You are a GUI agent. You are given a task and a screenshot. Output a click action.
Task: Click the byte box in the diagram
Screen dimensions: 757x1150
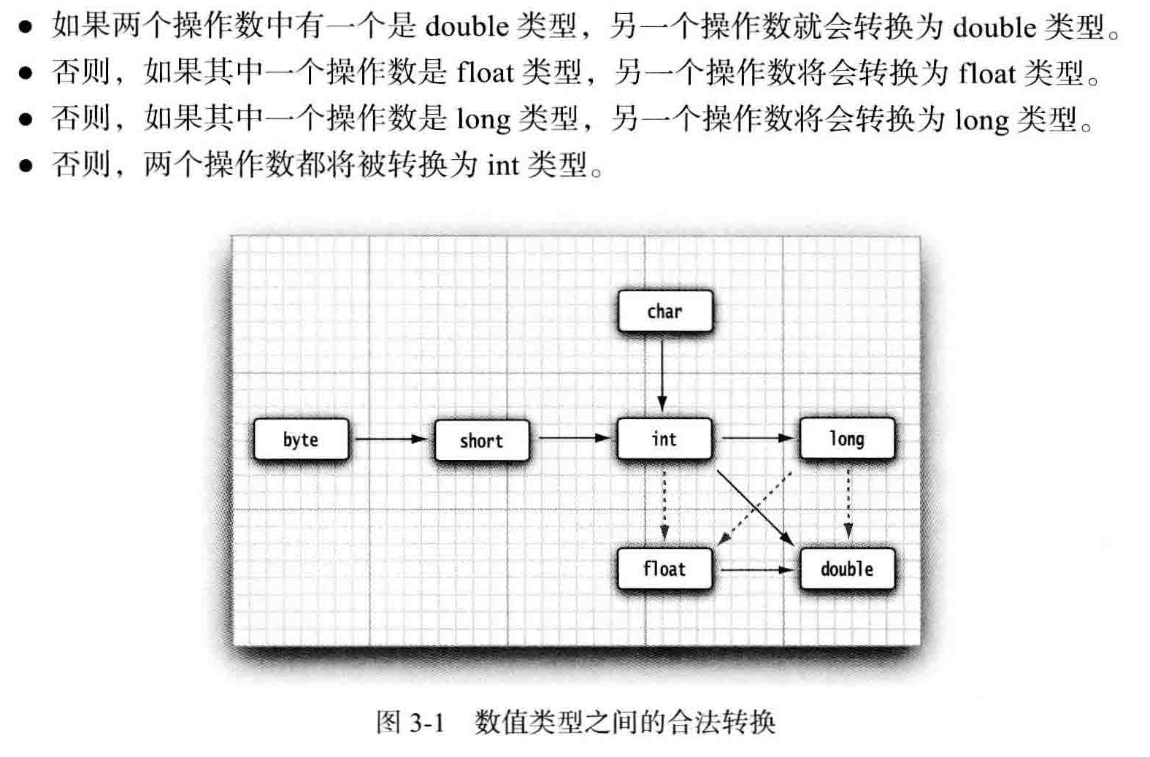click(x=301, y=439)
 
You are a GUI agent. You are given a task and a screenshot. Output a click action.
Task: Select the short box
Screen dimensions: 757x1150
click(x=482, y=440)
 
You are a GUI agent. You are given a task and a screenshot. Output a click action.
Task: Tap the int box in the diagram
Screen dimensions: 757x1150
click(x=664, y=439)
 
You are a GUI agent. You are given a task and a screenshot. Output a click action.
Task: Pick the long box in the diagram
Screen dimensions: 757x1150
click(x=847, y=439)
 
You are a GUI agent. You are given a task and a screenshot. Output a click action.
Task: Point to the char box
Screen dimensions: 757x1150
click(x=664, y=312)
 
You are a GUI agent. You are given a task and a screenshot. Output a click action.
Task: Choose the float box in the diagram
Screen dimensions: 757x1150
click(x=664, y=569)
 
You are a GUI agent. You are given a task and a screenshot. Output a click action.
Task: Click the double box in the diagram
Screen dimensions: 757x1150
click(x=847, y=569)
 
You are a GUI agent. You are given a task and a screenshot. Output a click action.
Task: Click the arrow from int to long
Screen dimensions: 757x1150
click(x=756, y=438)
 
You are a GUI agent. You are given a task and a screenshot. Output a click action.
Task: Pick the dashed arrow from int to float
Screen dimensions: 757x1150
click(x=664, y=504)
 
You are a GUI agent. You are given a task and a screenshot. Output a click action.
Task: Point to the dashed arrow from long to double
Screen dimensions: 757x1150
click(x=848, y=504)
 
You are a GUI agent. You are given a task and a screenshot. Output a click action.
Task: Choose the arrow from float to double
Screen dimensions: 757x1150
click(x=756, y=569)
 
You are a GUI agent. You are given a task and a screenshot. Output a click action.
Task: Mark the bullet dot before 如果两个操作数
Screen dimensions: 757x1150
click(x=26, y=28)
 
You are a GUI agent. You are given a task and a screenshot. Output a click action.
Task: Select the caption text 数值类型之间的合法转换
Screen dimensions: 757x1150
click(x=624, y=722)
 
